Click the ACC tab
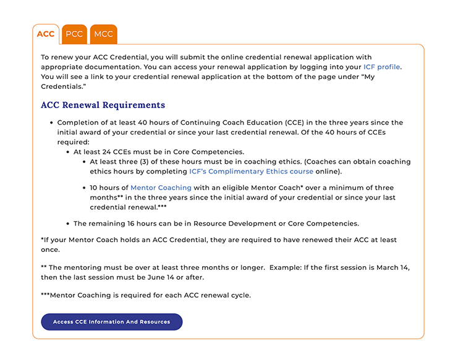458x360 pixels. point(46,34)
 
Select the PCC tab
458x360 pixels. point(74,34)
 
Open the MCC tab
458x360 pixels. point(103,34)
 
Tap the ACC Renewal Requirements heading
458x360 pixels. point(103,105)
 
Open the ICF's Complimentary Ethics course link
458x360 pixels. point(251,172)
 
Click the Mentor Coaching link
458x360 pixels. point(161,188)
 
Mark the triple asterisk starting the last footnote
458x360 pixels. point(45,295)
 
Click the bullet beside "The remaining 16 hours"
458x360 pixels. point(67,224)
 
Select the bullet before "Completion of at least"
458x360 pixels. point(51,123)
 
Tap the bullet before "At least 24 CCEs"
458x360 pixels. point(67,152)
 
